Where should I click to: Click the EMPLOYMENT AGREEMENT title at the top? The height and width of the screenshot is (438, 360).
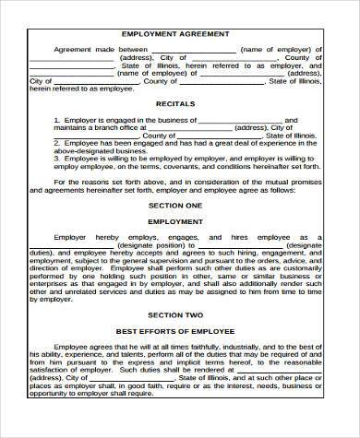coord(181,31)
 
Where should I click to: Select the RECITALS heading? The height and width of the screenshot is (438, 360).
coord(181,104)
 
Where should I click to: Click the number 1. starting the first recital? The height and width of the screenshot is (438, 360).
coord(57,120)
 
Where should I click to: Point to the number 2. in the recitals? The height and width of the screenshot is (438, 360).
coord(57,144)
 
